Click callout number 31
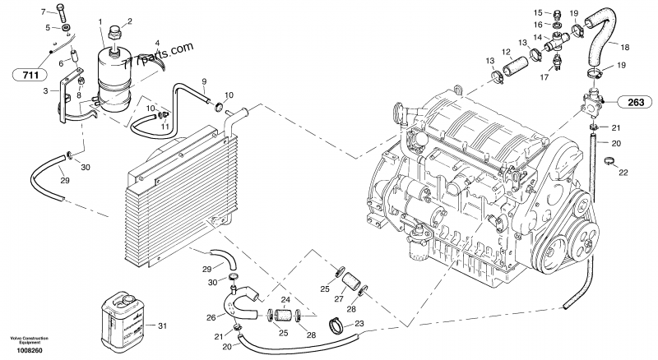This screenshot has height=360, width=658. click(x=162, y=326)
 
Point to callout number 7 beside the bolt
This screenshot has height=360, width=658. click(x=44, y=13)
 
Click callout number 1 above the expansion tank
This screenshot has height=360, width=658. click(x=100, y=21)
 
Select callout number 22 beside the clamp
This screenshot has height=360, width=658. click(x=623, y=171)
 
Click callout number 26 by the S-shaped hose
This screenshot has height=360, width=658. click(x=211, y=318)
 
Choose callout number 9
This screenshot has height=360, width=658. click(x=205, y=81)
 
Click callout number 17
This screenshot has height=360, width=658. click(x=544, y=78)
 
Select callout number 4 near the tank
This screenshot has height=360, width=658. click(x=157, y=42)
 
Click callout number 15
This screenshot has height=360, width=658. click(x=537, y=12)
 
